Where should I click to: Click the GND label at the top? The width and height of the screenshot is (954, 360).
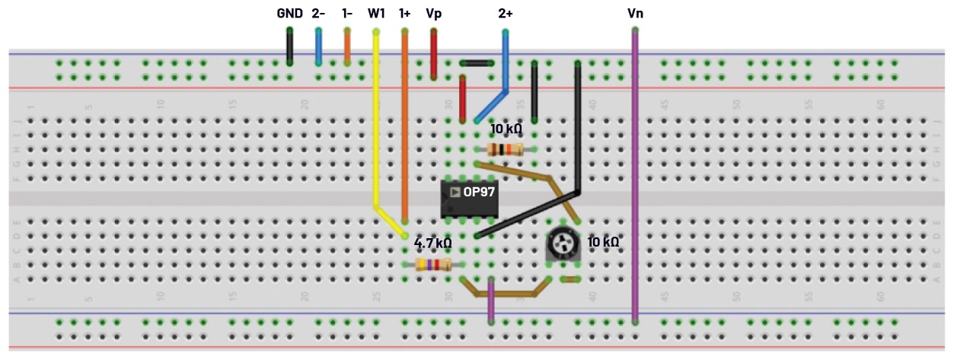(289, 13)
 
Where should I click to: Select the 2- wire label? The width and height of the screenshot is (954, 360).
(318, 13)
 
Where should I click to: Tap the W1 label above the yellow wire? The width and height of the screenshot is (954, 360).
(376, 13)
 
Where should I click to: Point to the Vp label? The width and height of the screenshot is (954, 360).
(433, 13)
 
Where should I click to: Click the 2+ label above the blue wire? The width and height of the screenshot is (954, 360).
(505, 13)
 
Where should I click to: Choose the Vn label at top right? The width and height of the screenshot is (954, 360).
(635, 13)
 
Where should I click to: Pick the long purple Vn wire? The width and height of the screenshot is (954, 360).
(635, 175)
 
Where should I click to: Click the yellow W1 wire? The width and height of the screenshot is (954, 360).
(375, 122)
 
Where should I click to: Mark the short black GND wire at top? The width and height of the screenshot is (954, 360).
(290, 47)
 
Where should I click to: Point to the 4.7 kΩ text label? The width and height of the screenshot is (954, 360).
(432, 244)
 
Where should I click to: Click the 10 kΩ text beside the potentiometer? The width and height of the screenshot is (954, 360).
(603, 242)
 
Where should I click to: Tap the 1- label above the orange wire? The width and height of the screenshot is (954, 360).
(347, 13)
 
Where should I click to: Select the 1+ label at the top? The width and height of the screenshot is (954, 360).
(404, 13)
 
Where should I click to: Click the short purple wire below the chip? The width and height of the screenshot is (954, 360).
(490, 301)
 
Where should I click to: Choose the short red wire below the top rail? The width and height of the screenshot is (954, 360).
(462, 99)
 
